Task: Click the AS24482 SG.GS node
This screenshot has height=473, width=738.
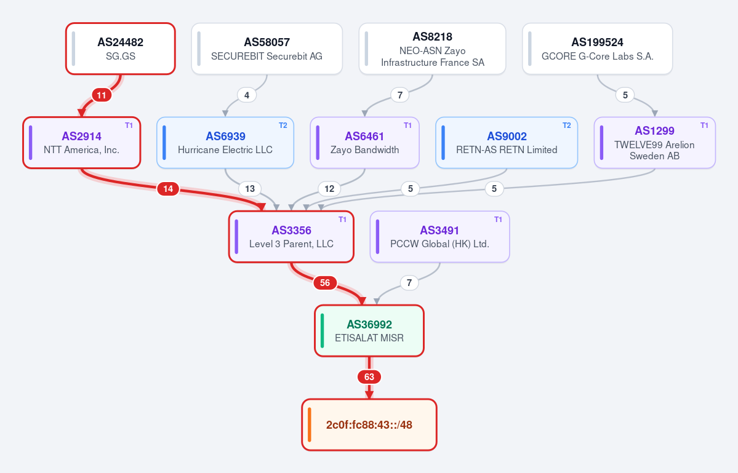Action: point(121,49)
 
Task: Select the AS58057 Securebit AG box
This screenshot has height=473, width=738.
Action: point(267,49)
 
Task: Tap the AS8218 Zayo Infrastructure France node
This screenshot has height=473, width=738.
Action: point(433,49)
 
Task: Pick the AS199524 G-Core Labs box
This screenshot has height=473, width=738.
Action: point(597,49)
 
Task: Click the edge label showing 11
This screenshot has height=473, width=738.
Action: point(102,95)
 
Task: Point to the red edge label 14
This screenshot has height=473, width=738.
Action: point(168,189)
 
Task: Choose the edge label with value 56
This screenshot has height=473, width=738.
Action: point(325,283)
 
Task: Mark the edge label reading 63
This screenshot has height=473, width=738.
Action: point(369,377)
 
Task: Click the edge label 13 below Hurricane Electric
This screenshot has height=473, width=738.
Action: point(249,189)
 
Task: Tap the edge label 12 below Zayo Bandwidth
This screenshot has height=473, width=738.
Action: point(329,189)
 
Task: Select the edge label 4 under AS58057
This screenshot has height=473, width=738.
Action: point(247,95)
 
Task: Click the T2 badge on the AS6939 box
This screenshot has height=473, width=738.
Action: point(283,125)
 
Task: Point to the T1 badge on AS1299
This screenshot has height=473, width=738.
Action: point(704,125)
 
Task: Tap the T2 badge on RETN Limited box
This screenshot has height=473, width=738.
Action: point(567,125)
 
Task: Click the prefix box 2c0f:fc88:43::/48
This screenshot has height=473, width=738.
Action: point(369,424)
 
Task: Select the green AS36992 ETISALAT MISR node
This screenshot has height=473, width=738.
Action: point(369,330)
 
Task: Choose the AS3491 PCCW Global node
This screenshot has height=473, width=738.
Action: point(439,236)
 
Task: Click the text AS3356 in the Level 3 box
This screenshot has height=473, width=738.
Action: point(291,231)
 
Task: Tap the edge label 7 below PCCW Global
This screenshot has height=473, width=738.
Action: point(409,283)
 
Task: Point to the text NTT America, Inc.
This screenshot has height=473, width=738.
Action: point(81,150)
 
